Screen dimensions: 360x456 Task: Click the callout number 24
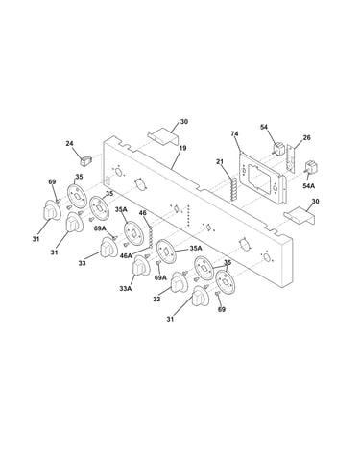pos(69,144)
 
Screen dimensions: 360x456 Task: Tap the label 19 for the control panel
pos(183,148)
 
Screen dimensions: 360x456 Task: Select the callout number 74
pos(235,134)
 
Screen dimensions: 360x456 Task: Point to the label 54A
pos(309,185)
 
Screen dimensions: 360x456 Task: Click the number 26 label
pos(306,138)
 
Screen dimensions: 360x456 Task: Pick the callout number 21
pos(220,162)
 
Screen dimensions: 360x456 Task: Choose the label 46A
pos(126,255)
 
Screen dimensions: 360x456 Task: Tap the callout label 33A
pos(126,289)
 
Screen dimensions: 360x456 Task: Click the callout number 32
pos(156,300)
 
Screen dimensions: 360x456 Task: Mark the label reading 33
pos(83,264)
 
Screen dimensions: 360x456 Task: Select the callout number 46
pos(143,213)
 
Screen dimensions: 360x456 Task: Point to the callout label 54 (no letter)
pos(264,127)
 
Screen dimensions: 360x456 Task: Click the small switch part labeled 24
pos(85,159)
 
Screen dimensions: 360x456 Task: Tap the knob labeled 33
pos(108,248)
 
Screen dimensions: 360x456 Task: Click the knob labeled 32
pos(180,282)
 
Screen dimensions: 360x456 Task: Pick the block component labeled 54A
pos(311,168)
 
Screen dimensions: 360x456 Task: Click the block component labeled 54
pos(277,149)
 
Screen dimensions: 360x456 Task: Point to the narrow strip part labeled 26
pos(291,159)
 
